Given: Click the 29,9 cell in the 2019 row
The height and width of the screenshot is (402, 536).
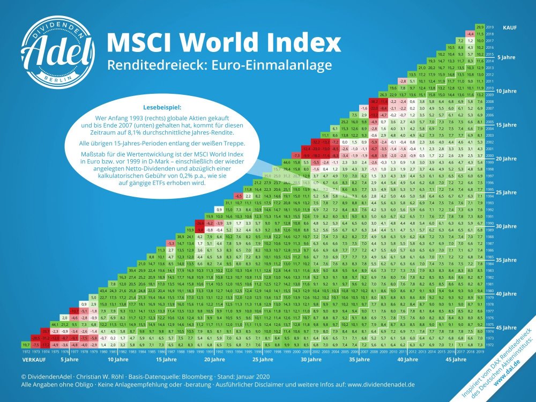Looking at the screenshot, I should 480,26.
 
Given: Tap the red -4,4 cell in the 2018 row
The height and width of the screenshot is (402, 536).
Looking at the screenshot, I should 470,33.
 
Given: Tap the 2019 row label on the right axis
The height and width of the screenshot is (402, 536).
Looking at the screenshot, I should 490,26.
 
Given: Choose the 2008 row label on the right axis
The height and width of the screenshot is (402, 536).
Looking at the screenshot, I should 490,101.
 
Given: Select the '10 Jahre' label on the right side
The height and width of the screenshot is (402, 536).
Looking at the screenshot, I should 506,91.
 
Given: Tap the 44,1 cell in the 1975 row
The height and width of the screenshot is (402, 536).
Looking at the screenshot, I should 55,324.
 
